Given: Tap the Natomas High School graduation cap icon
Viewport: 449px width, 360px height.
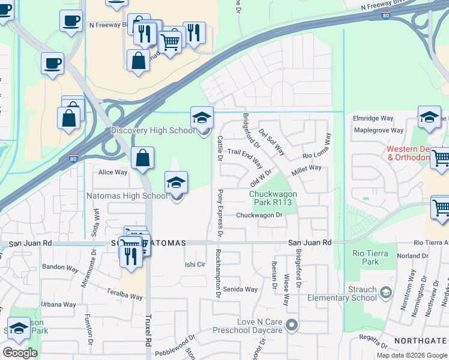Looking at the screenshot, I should pyautogui.click(x=176, y=182).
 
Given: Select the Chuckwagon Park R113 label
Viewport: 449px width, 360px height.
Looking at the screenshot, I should pyautogui.click(x=271, y=197).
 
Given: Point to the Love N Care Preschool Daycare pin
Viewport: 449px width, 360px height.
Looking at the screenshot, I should pyautogui.click(x=292, y=326).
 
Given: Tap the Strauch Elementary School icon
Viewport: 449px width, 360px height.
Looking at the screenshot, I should pyautogui.click(x=385, y=293).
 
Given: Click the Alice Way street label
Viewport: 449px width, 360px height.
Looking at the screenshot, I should pyautogui.click(x=113, y=172).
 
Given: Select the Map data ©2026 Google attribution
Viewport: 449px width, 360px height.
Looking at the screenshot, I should pyautogui.click(x=412, y=355).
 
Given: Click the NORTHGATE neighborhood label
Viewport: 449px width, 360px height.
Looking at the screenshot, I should pyautogui.click(x=421, y=340).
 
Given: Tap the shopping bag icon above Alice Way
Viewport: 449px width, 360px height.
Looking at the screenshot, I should pyautogui.click(x=143, y=158).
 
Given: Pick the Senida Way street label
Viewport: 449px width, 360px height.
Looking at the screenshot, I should pyautogui.click(x=240, y=289).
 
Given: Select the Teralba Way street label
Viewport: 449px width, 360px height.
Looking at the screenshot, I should pyautogui.click(x=125, y=296).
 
